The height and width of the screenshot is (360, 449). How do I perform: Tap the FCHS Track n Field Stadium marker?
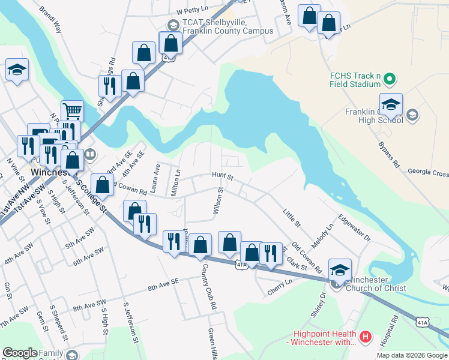pos(389,79)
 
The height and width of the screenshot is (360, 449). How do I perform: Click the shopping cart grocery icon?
pos(71,110)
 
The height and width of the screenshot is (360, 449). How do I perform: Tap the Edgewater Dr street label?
pos(355,228)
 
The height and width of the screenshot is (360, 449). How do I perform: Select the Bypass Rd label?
pos(388,154)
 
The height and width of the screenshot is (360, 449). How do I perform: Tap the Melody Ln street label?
pos(322,237)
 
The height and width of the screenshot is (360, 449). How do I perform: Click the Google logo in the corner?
pos(20,353)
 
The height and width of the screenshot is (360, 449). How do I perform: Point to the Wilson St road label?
pos(218,200)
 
